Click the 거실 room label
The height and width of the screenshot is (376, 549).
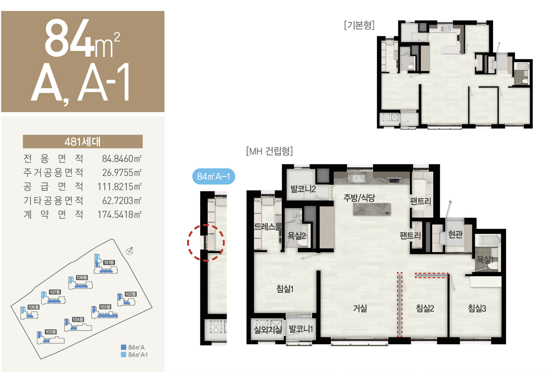point(360,308)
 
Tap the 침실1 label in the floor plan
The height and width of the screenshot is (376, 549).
point(285,289)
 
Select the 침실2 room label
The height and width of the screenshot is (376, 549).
point(425,308)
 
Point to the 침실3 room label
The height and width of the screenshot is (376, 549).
point(477,308)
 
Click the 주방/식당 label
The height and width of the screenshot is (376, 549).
point(359,198)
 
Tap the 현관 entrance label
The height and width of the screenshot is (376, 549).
point(455,235)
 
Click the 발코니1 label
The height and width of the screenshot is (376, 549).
point(301,329)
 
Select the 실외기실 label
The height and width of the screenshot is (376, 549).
point(268,330)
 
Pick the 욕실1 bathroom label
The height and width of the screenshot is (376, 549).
point(485,260)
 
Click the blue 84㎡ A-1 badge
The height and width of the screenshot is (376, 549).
point(214,176)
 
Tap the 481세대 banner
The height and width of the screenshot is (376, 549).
point(83,142)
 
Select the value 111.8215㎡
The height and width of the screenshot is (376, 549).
point(119,187)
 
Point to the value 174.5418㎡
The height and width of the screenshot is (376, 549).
point(119,214)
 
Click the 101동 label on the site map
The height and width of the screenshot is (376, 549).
point(109,262)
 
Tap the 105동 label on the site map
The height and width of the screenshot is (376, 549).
point(51,332)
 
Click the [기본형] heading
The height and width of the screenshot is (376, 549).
point(359,25)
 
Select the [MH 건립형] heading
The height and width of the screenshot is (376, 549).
point(269,151)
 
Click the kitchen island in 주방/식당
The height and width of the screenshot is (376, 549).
point(372,209)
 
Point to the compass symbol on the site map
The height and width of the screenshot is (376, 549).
point(130,251)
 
